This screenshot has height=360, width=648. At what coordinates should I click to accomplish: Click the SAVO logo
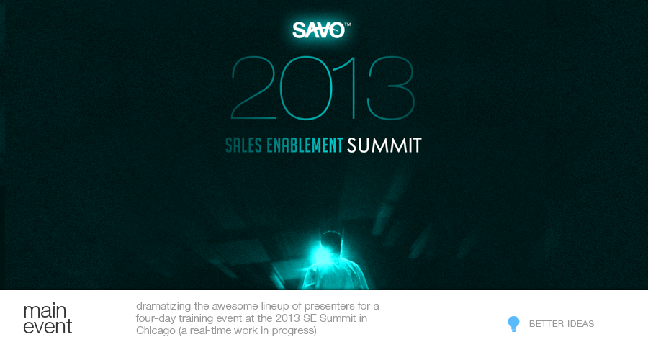pyautogui.click(x=319, y=30)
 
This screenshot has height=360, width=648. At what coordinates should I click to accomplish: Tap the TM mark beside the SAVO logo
pyautogui.click(x=348, y=24)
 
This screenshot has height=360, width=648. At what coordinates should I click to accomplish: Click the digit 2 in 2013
pyautogui.click(x=253, y=88)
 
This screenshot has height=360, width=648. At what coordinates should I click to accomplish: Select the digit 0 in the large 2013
pyautogui.click(x=306, y=88)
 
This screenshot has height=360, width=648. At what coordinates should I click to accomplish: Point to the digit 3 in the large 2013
pyautogui.click(x=390, y=88)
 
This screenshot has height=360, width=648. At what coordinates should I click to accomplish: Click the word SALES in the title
pyautogui.click(x=243, y=145)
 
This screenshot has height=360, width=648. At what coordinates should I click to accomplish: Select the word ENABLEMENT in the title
pyautogui.click(x=305, y=145)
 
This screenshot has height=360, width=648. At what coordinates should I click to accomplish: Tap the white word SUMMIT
pyautogui.click(x=384, y=145)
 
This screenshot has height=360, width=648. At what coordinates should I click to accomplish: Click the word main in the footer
pyautogui.click(x=45, y=310)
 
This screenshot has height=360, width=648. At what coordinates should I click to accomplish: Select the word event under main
pyautogui.click(x=48, y=327)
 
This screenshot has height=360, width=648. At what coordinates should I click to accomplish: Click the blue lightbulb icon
pyautogui.click(x=513, y=323)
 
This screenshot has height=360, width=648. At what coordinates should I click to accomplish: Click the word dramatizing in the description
pyautogui.click(x=163, y=306)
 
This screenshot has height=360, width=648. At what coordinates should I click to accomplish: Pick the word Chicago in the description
pyautogui.click(x=156, y=330)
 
